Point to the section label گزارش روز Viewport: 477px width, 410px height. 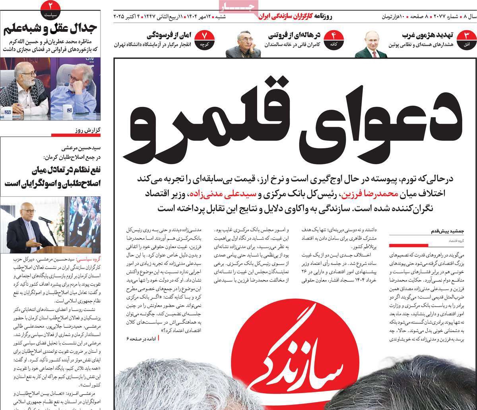pos(85,130)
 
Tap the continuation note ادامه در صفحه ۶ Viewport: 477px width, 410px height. pos(142,338)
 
